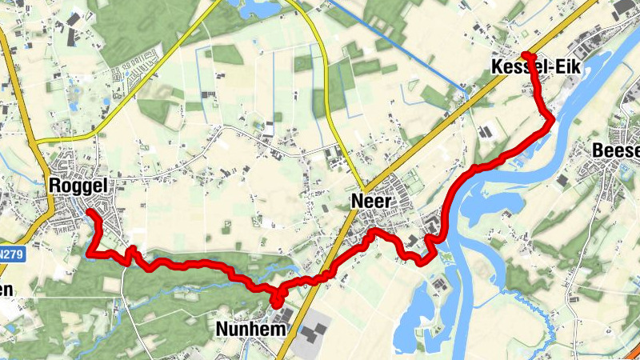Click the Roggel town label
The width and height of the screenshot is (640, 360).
click(x=78, y=186)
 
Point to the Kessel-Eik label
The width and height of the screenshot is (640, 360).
click(x=534, y=70)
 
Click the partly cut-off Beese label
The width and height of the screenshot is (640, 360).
click(x=616, y=150)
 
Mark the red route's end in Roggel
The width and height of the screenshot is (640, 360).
click(x=88, y=212)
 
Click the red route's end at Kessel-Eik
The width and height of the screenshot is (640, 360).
click(x=525, y=54)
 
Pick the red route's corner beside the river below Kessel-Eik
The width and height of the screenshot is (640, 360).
click(x=550, y=120)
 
